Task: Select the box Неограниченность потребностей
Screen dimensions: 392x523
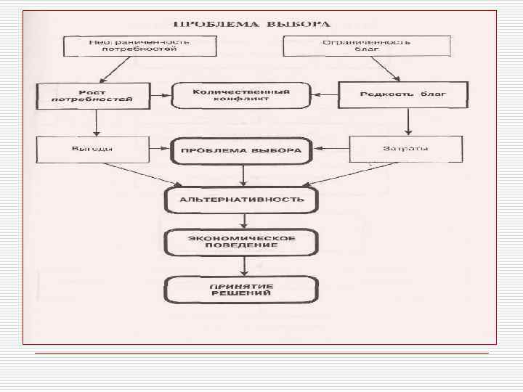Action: coord(139,46)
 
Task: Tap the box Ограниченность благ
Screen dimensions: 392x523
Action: coord(366,46)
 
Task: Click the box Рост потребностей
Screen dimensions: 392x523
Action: coord(94,95)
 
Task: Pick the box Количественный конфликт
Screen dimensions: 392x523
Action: coord(240,96)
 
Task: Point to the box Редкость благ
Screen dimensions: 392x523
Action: coord(402,95)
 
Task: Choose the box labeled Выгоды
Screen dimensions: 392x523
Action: coord(94,151)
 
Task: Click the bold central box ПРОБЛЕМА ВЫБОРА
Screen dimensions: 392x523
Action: coord(240,152)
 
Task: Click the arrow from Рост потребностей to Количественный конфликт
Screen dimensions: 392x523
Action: coord(161,96)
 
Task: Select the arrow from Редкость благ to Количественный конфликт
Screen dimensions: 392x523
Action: coord(324,95)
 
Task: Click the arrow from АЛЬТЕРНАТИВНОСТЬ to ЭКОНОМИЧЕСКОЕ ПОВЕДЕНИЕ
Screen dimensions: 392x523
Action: coord(245,220)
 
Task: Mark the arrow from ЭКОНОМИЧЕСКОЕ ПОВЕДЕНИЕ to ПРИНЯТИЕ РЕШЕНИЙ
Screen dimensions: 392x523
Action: coord(245,265)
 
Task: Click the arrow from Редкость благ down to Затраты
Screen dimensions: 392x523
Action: coord(408,123)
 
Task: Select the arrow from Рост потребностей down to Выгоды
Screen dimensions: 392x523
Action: coord(95,123)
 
